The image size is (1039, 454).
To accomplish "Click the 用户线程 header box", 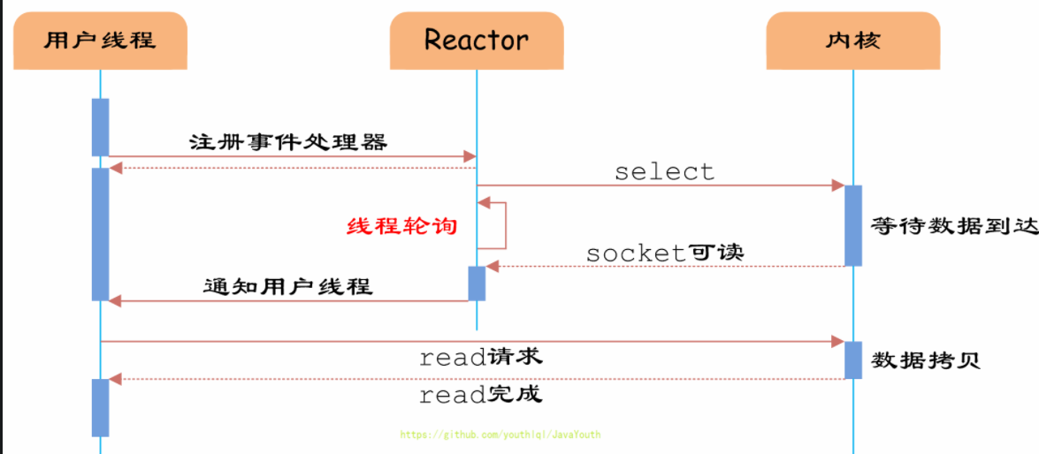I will coord(100,41).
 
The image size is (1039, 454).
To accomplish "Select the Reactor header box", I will coord(476,41).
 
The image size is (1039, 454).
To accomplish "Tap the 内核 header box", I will coord(852,41).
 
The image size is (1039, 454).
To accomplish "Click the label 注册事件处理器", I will coord(288,141).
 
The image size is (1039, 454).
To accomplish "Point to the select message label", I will coord(664,171).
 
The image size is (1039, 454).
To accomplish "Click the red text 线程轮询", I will coord(401,226).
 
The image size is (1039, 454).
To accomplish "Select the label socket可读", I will coord(665,253).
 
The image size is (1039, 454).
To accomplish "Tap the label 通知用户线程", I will coord(288,286).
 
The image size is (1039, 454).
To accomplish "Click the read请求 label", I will coord(480,357).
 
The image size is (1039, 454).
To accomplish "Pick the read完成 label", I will coord(480,394).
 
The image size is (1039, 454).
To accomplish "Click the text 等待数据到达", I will coord(953,225).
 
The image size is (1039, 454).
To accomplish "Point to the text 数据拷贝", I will coord(926,360).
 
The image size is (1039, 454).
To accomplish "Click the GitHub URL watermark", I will coord(500,435).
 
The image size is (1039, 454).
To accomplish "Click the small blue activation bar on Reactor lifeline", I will coord(477,283).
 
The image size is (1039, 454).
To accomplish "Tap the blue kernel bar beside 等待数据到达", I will coord(852,225).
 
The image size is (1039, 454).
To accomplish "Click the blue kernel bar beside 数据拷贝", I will coord(852,359).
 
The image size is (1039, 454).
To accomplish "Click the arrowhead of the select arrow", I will coord(838,185).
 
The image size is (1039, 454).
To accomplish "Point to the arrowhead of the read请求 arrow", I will coord(838,341).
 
